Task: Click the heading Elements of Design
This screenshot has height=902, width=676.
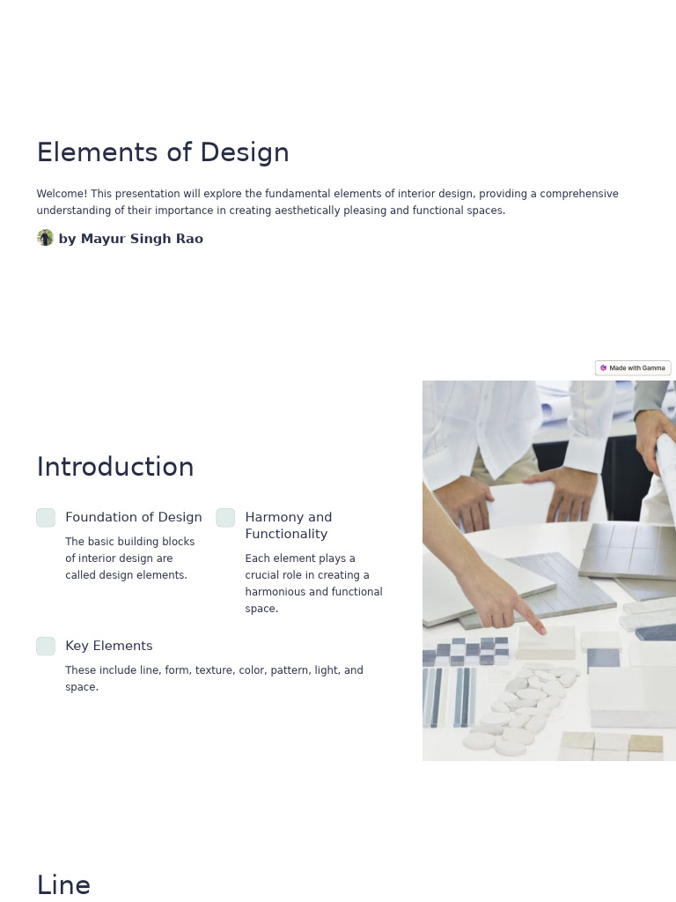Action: (163, 152)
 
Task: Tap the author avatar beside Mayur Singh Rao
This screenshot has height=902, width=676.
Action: (45, 238)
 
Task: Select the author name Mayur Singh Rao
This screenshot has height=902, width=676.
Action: (130, 239)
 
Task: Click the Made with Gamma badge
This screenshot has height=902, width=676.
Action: (633, 368)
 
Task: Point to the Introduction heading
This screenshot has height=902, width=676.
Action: (115, 467)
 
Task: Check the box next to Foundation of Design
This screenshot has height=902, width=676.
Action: (46, 518)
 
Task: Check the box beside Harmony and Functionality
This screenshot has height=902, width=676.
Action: (225, 518)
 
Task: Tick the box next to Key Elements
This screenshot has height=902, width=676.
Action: (46, 647)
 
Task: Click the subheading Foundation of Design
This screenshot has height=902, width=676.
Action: (134, 517)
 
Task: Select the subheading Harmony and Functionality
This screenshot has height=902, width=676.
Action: (288, 525)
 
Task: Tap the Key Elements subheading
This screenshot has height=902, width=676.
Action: (108, 646)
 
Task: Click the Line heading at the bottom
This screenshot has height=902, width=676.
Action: (63, 884)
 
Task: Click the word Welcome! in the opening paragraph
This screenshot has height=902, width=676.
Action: (62, 194)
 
